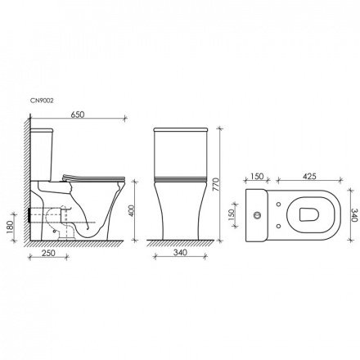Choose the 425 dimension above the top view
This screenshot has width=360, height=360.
pos(309,176)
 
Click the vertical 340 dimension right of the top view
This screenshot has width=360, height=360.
pos(351,214)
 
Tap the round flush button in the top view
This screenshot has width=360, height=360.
pos(258,215)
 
